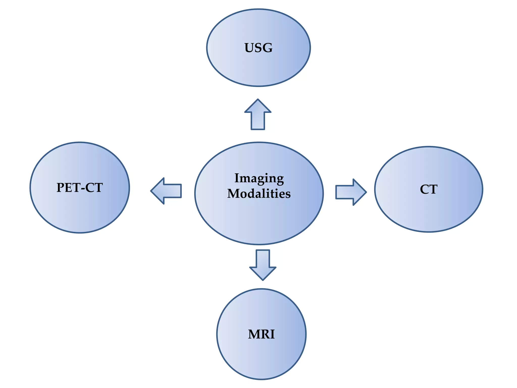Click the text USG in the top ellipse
point(258,48)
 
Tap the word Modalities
point(259,193)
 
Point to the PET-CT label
point(80,188)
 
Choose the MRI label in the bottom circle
point(261,334)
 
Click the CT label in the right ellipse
point(429,189)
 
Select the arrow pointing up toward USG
point(258,114)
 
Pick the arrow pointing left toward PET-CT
point(166,191)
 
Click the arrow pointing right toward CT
point(351,192)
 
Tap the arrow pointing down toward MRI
point(263,265)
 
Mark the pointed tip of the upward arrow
point(258,99)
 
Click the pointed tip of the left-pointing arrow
point(151,191)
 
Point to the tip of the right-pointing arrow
point(367,192)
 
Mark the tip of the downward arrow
point(263,280)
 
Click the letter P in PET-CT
point(61,188)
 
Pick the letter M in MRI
point(254,334)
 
